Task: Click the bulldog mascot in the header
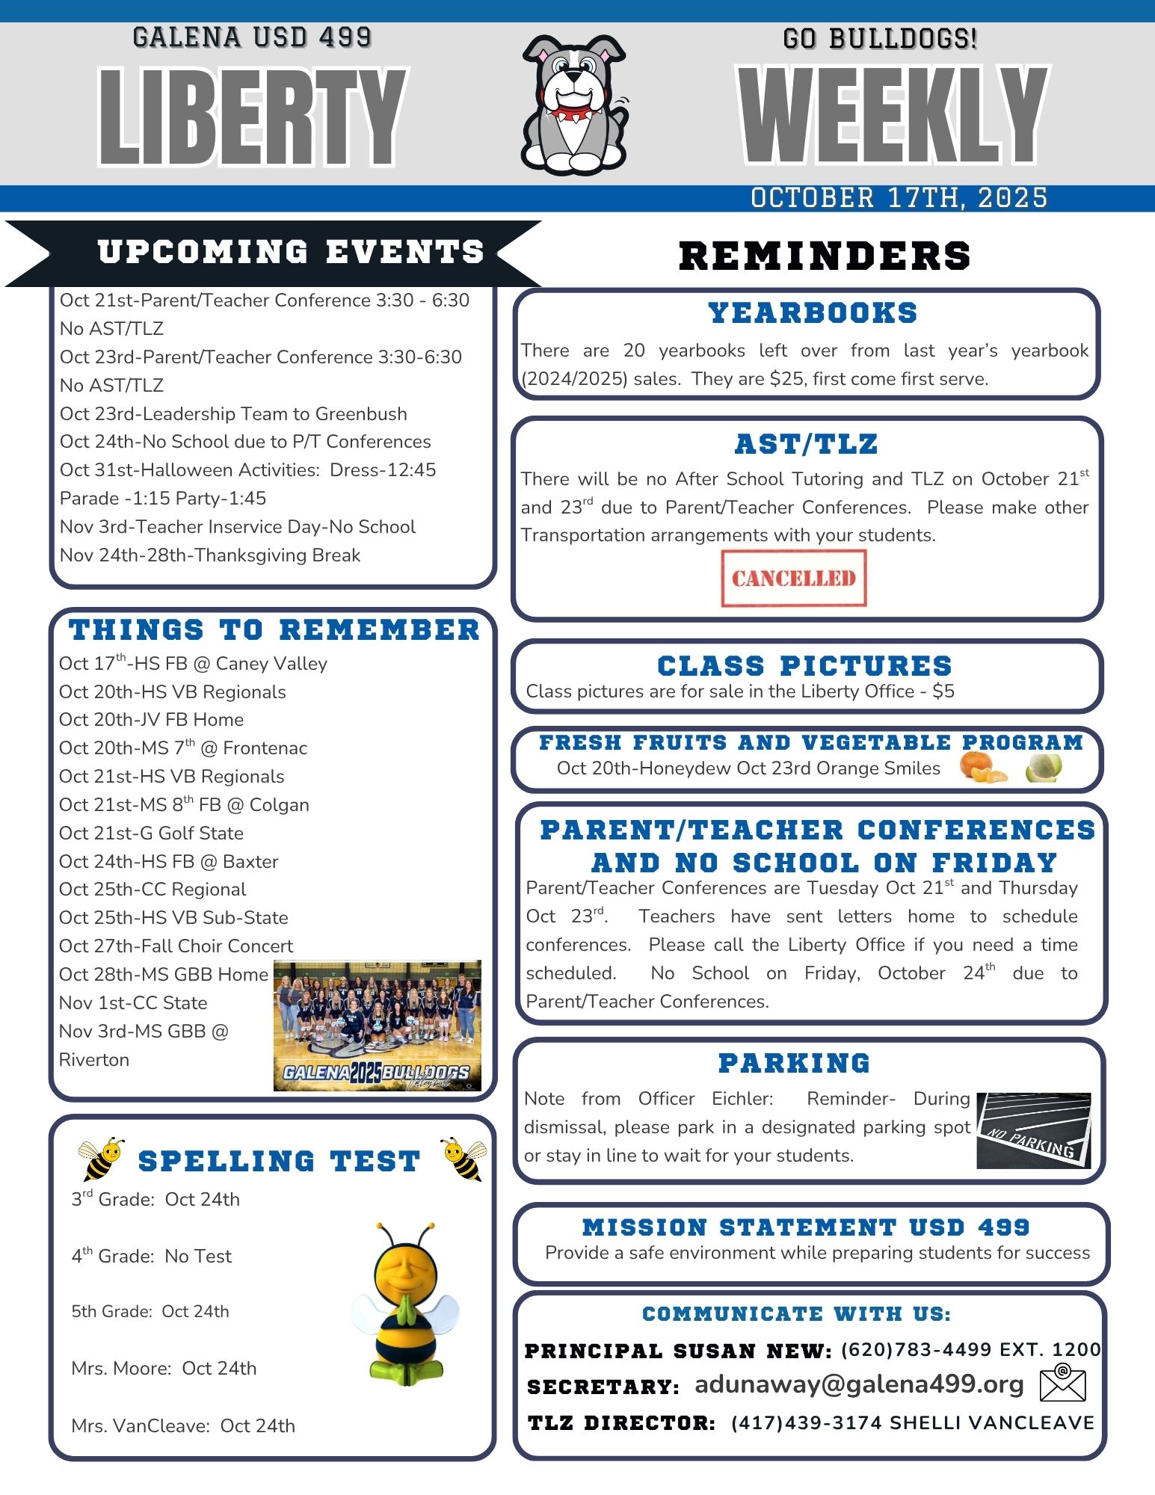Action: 573,105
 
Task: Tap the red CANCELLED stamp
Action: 793,578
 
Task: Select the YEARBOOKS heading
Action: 813,313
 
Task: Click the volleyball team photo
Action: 378,1026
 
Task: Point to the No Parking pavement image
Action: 1033,1130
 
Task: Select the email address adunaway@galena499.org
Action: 859,1384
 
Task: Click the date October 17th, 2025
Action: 899,198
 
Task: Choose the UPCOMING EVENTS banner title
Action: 291,252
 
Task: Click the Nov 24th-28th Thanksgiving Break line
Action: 210,555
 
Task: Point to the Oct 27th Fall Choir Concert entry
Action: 176,946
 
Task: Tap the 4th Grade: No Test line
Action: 152,1257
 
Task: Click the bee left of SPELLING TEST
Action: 101,1159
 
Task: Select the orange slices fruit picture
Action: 982,768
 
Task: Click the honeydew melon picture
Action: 1044,768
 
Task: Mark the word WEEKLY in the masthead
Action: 893,116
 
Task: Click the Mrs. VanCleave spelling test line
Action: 183,1426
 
